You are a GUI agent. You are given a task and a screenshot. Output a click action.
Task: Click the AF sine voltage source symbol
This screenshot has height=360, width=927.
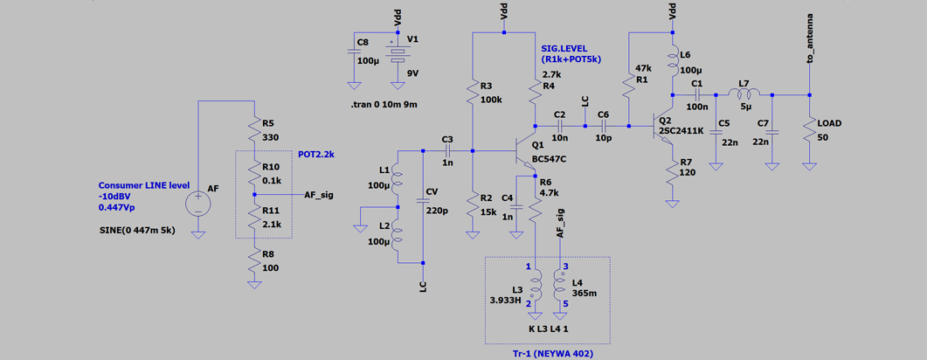198,204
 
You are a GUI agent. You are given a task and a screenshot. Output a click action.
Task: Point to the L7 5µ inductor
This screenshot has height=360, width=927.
744,94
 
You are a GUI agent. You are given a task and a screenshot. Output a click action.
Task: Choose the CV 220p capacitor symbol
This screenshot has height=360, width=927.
423,200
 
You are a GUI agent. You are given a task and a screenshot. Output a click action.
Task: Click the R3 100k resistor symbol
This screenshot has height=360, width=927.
473,93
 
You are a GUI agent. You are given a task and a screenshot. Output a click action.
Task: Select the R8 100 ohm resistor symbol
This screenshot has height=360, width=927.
254,263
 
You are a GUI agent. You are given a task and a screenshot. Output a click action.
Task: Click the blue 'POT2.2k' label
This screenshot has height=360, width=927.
316,155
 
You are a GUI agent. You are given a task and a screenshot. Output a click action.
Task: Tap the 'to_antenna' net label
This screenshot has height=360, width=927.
810,37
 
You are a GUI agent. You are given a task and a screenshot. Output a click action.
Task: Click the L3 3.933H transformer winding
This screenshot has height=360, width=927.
535,286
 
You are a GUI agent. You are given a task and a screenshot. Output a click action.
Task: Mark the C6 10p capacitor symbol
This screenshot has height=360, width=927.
604,126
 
